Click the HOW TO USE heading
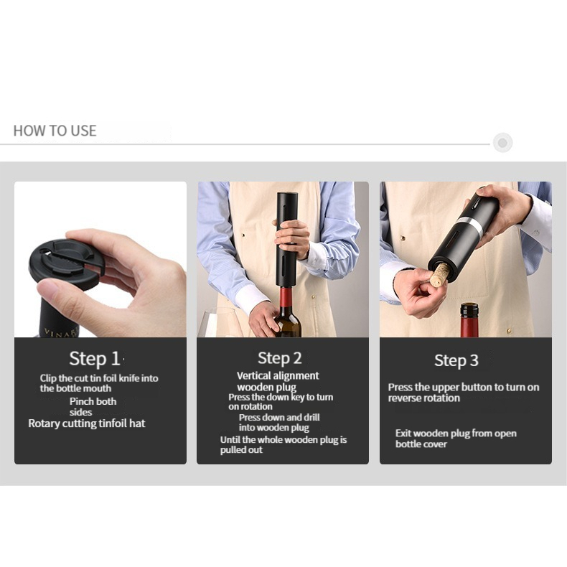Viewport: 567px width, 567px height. (x=55, y=131)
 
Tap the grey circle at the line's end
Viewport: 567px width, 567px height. (x=502, y=143)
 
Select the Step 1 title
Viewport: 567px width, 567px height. (x=94, y=358)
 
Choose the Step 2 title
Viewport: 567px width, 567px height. (x=279, y=358)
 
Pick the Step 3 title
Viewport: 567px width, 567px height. (x=456, y=360)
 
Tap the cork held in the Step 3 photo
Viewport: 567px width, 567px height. (x=439, y=275)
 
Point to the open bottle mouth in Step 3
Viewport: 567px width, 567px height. (x=469, y=307)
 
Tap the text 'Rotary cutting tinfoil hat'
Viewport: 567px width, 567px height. (x=87, y=423)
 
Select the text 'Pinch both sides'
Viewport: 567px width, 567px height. (x=93, y=407)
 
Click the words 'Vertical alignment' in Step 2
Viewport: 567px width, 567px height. (x=278, y=375)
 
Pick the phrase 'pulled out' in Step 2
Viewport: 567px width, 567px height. (x=241, y=450)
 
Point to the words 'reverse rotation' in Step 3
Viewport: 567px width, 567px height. (x=423, y=398)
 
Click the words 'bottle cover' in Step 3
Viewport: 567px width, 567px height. (x=421, y=444)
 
